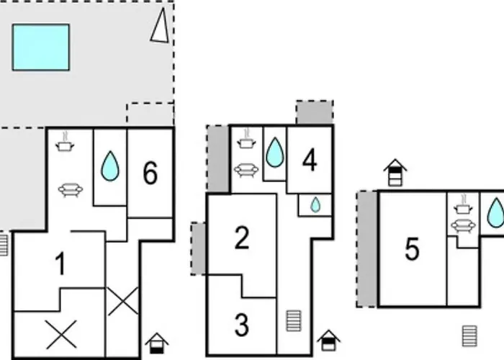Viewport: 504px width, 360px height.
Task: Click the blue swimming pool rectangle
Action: tap(41, 47)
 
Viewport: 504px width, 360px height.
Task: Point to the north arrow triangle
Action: tap(161, 27)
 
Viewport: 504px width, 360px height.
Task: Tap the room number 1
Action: tap(60, 264)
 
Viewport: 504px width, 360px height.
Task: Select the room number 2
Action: tap(242, 238)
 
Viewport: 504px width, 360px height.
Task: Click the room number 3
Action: tap(242, 325)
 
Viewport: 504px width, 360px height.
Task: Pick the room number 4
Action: tap(310, 161)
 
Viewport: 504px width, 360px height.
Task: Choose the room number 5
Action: tap(412, 250)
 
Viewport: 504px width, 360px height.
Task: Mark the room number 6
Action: tap(150, 173)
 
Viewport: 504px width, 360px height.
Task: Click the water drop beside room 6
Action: tap(109, 166)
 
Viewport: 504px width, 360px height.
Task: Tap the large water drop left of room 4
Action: tap(275, 153)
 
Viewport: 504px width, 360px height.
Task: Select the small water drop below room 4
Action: tap(315, 205)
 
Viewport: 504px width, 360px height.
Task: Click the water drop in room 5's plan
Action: tap(495, 213)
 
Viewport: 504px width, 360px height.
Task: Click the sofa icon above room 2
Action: tap(246, 170)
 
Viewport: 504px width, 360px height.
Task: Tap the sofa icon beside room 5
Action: tap(462, 226)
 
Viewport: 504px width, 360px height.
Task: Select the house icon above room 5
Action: tap(395, 173)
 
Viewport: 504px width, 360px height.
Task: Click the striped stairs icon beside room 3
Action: tap(293, 320)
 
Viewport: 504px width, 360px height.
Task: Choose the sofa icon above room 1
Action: tap(70, 189)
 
